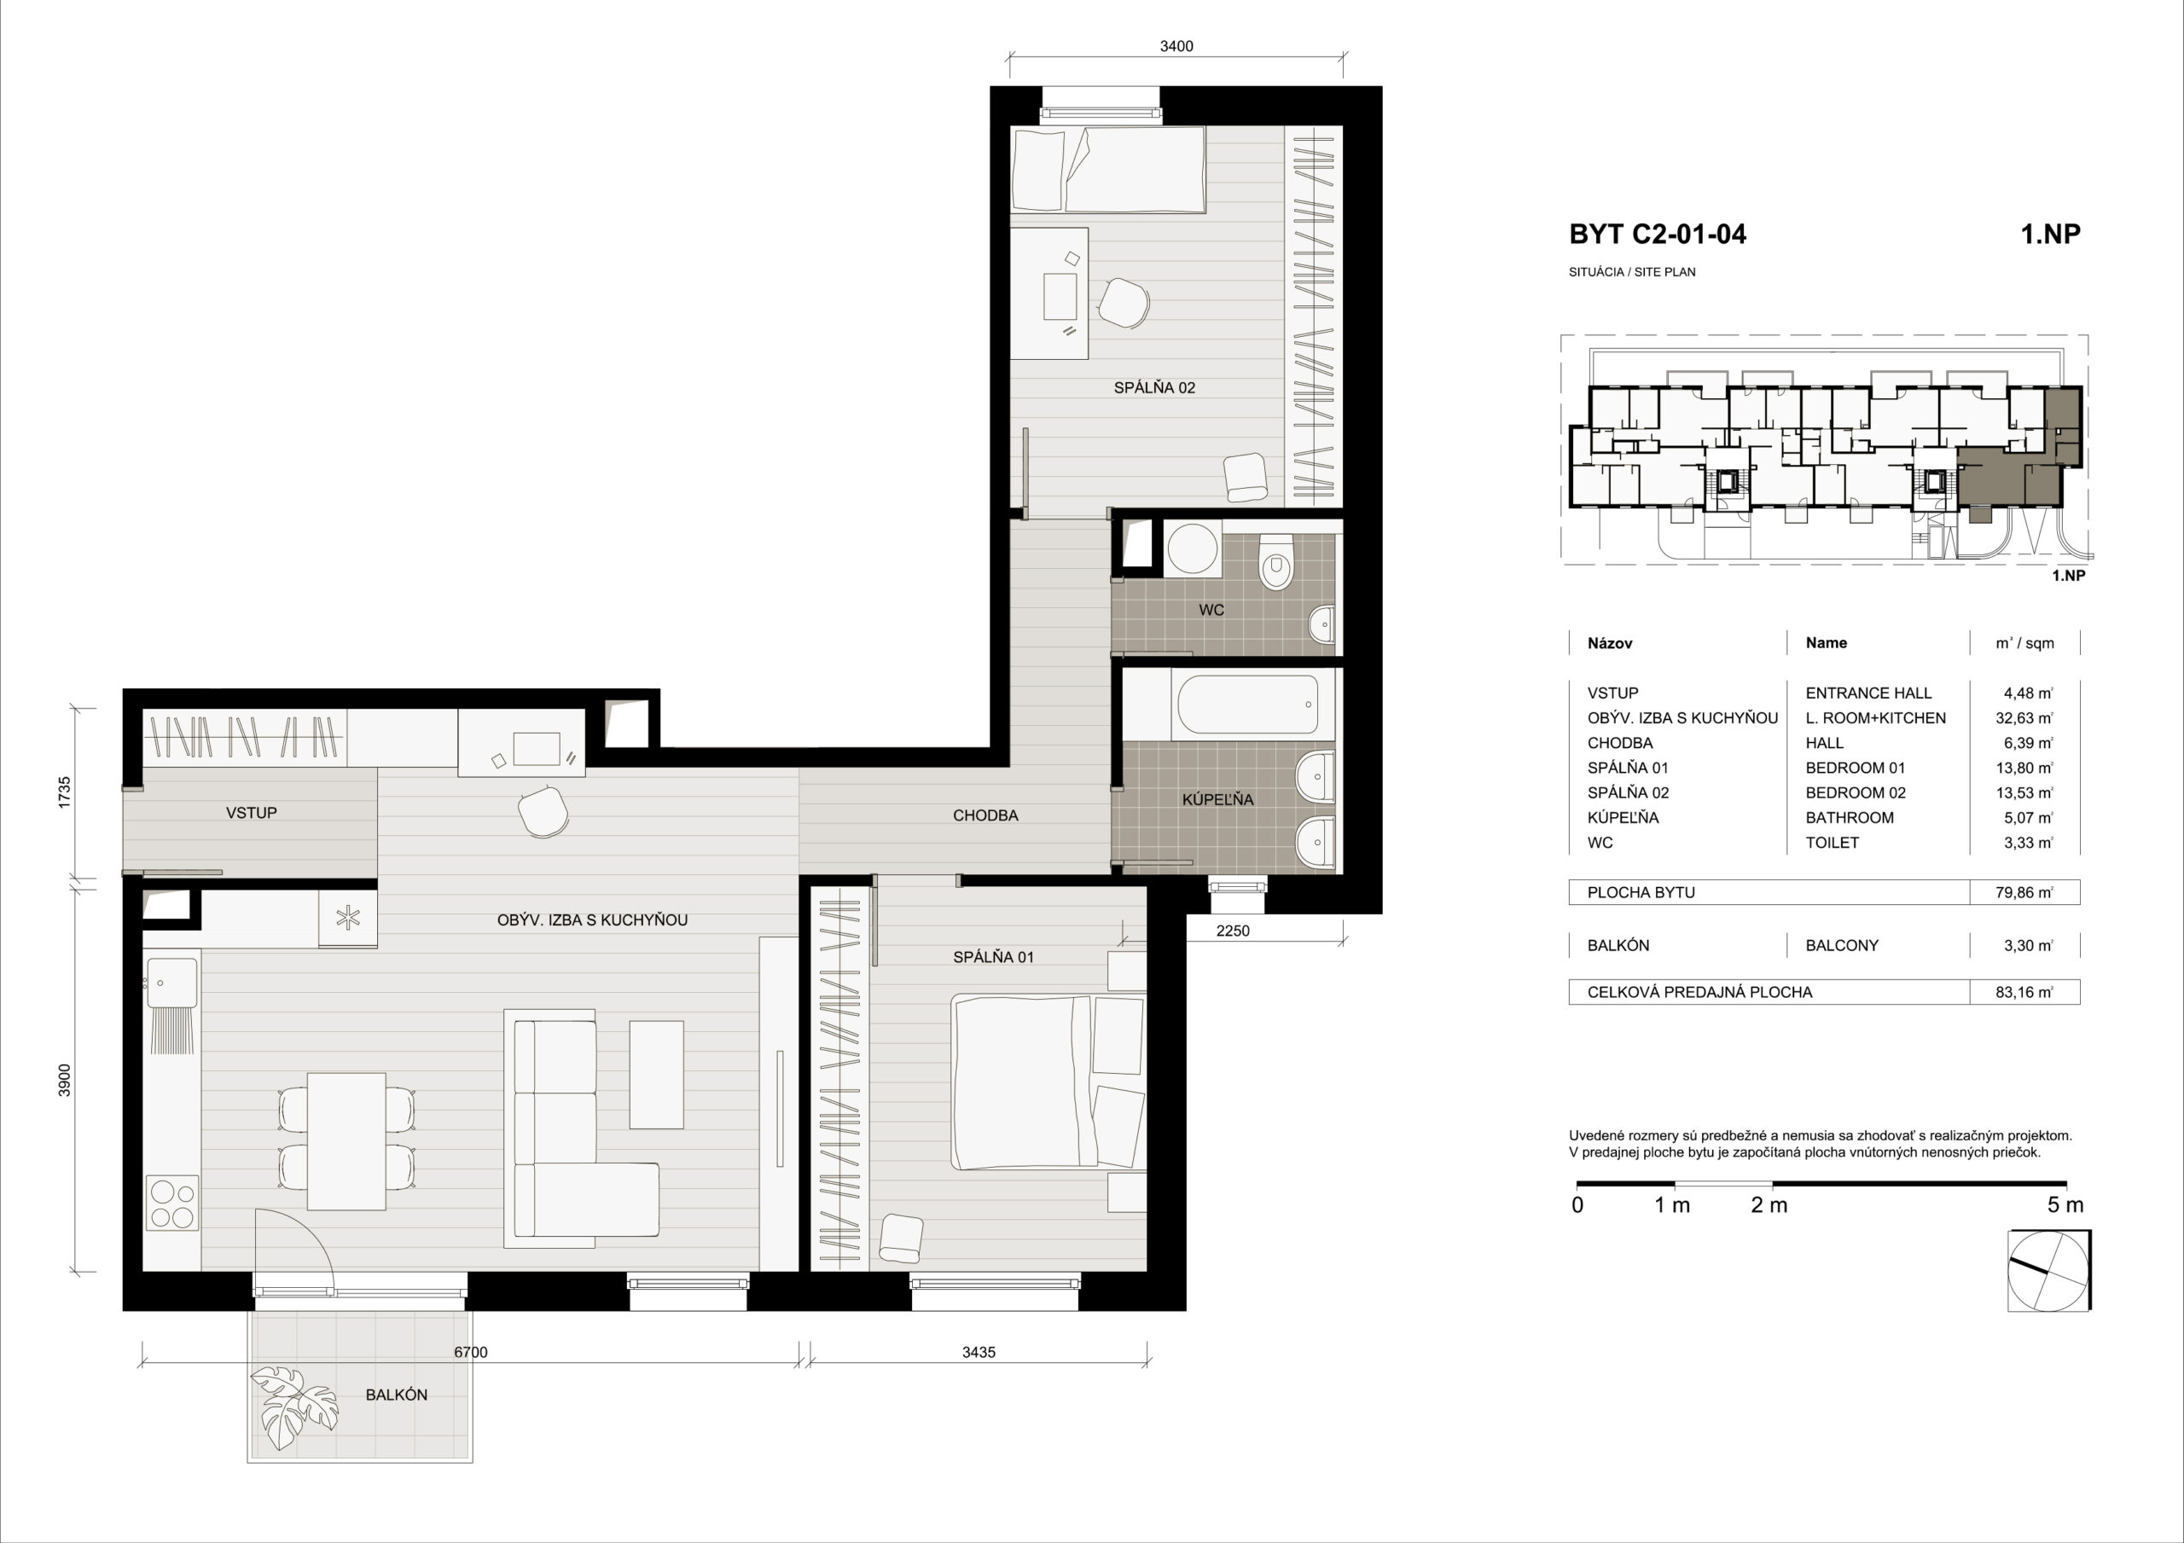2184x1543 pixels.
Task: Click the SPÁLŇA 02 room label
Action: click(1153, 388)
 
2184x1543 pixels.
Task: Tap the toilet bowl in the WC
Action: click(1275, 562)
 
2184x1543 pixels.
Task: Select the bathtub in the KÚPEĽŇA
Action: click(1248, 705)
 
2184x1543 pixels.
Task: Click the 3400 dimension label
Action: click(1176, 46)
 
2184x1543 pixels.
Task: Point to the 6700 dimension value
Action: click(471, 1352)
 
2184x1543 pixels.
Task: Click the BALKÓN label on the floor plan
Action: click(396, 1395)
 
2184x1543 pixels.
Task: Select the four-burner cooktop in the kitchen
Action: click(172, 1204)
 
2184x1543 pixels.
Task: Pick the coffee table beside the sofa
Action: click(656, 1075)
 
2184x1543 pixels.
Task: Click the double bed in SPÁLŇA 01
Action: click(1048, 1082)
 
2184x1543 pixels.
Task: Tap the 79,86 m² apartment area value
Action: click(2024, 892)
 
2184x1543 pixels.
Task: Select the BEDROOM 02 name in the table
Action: click(1855, 792)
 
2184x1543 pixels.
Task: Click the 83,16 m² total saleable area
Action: click(2024, 992)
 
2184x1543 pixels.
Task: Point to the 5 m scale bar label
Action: click(2065, 1205)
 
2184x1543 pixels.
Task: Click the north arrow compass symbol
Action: click(2049, 1270)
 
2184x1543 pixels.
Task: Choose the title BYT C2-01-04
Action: click(1657, 234)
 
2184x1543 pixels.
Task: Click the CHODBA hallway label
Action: click(985, 815)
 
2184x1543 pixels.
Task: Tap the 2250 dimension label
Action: click(1233, 931)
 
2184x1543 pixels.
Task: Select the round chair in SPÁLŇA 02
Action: click(1124, 304)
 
